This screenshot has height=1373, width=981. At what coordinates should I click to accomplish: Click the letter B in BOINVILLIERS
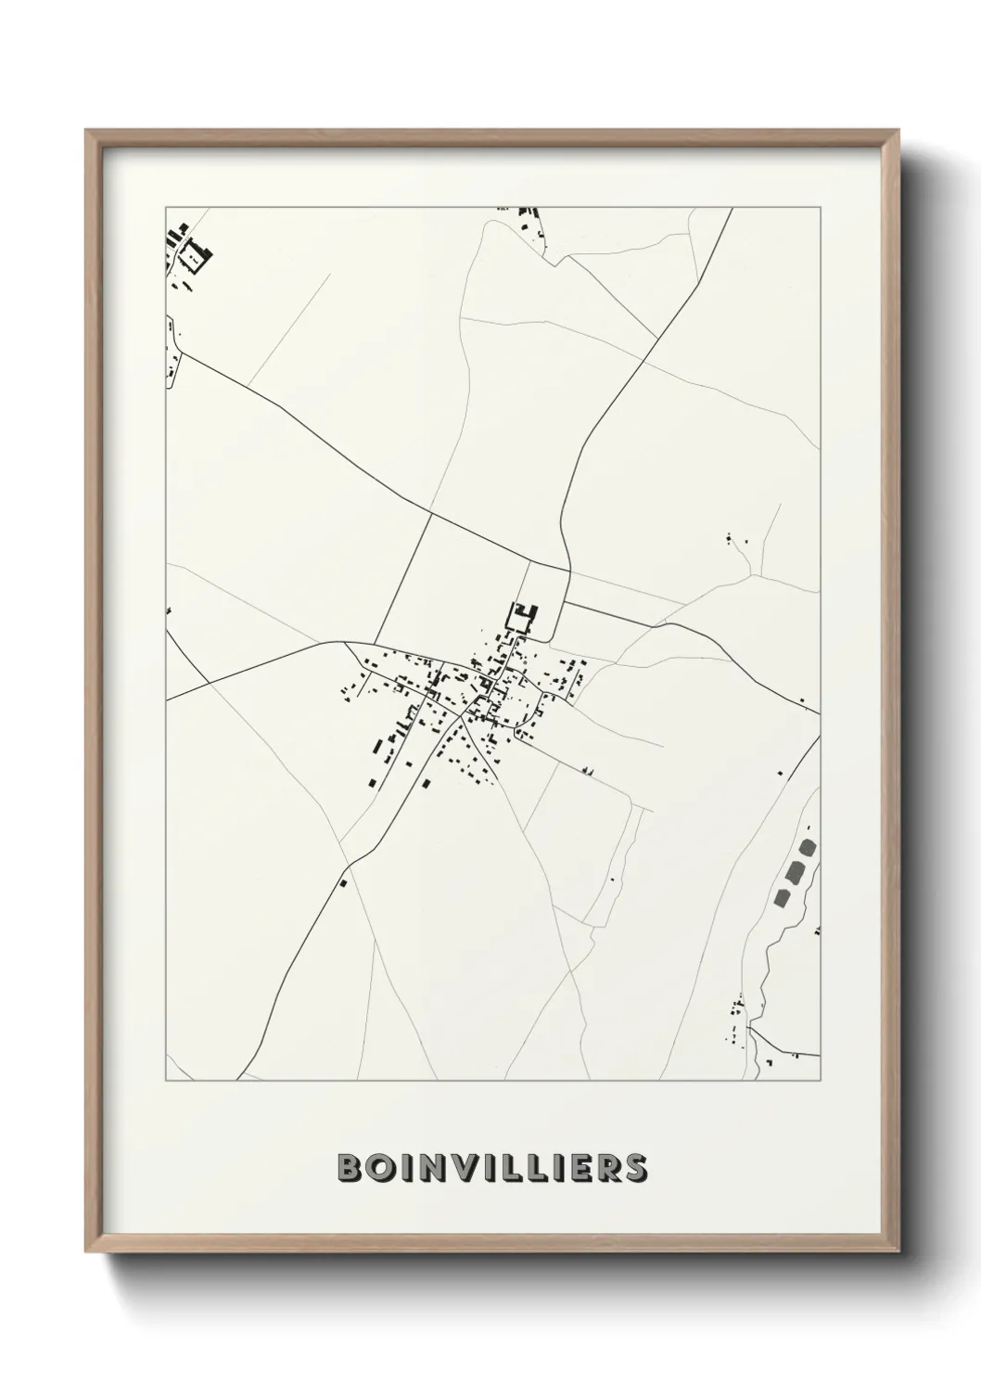[x=350, y=1169]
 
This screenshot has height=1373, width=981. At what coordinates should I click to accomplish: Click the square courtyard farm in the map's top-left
[x=193, y=252]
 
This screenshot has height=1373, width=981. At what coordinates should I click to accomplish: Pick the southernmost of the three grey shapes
[x=782, y=897]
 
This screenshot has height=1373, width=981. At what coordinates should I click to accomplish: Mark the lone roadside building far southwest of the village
[x=344, y=883]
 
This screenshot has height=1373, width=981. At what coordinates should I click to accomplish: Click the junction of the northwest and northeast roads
[x=567, y=570]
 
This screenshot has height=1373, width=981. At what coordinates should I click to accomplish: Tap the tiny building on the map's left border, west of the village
[x=170, y=610]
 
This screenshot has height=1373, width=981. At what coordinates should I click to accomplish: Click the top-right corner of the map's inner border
[x=820, y=208]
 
